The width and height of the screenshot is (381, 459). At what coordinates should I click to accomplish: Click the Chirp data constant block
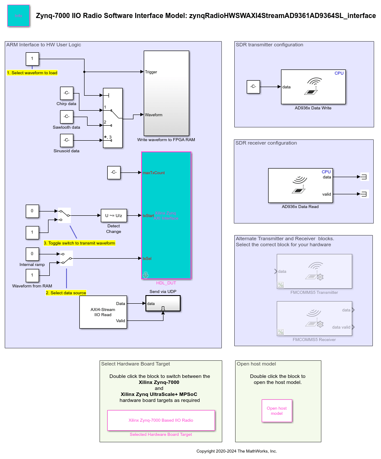coord(67,93)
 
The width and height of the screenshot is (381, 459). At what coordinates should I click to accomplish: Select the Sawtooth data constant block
coord(67,117)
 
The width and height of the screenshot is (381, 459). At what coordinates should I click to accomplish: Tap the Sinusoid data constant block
coord(67,140)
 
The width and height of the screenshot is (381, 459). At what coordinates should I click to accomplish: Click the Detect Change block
coord(114,215)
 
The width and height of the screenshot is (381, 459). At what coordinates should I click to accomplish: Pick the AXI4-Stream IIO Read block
coord(103,312)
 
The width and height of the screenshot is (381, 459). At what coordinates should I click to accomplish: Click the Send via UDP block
coord(163,303)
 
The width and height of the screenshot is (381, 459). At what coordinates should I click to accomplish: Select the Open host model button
coord(277,411)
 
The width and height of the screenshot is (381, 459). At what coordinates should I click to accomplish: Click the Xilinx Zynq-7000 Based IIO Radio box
coord(161,420)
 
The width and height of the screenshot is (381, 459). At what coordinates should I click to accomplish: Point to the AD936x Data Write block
coord(313,87)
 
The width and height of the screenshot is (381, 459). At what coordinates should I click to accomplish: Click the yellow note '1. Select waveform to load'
coord(32,73)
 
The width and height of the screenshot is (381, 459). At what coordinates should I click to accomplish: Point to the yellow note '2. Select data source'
coord(66,293)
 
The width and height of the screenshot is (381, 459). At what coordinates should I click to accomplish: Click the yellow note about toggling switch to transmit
coord(79,243)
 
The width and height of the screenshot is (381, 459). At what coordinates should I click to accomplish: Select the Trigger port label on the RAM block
coord(151,72)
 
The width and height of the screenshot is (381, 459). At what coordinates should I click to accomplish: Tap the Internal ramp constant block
coord(32,254)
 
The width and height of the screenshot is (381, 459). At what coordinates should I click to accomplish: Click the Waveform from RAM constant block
coord(32,275)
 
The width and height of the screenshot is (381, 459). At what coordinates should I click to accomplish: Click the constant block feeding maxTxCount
coord(114,172)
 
